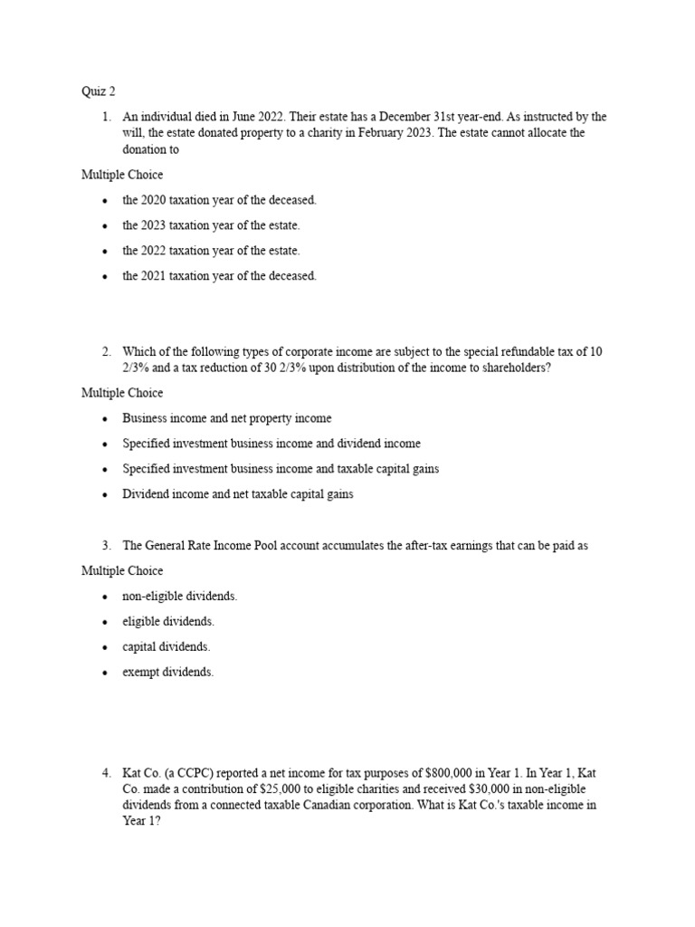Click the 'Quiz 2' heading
pyautogui.click(x=99, y=91)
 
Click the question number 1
pyautogui.click(x=106, y=117)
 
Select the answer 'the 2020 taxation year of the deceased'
pyautogui.click(x=219, y=200)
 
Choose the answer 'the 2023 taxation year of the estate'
pyautogui.click(x=211, y=225)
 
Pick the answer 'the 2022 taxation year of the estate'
pyautogui.click(x=211, y=251)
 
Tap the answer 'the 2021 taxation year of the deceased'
pyautogui.click(x=219, y=276)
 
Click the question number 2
pyautogui.click(x=106, y=351)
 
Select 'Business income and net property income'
pyautogui.click(x=227, y=418)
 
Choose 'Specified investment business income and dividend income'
pyautogui.click(x=271, y=444)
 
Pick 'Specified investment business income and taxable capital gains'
pyautogui.click(x=281, y=469)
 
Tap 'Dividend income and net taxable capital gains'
pyautogui.click(x=238, y=494)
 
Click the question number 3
pyautogui.click(x=106, y=546)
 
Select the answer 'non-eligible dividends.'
pyautogui.click(x=180, y=597)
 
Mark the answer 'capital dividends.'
pyautogui.click(x=167, y=647)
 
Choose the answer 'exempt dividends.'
pyautogui.click(x=168, y=673)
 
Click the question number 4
pyautogui.click(x=106, y=773)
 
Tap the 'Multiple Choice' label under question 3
pyautogui.click(x=122, y=571)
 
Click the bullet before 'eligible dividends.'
pyautogui.click(x=106, y=622)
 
